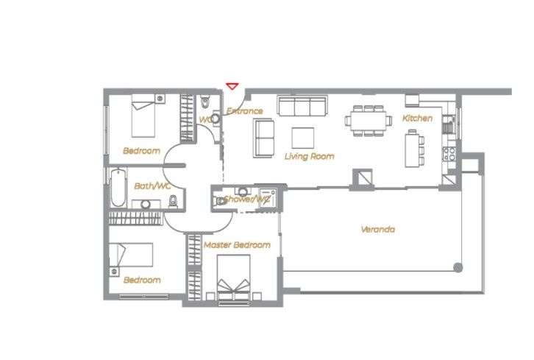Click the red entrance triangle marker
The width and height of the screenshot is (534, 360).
point(232,86)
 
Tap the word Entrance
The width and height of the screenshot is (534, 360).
point(244,111)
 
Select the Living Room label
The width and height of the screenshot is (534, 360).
point(309,156)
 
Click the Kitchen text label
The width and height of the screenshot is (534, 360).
point(417,118)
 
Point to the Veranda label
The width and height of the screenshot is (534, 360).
point(377,229)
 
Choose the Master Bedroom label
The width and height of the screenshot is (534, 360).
point(237,244)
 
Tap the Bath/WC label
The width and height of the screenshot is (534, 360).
point(152,186)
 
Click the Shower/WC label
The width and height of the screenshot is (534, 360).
point(248,200)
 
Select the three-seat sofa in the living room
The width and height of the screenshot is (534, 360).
point(302,106)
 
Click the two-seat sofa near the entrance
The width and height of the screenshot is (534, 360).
point(263,138)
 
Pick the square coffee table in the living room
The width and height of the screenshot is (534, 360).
point(302,138)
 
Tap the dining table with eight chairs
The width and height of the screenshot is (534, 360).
point(368,120)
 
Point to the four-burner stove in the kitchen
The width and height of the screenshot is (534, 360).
point(449,155)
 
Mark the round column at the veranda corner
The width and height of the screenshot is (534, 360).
point(458,267)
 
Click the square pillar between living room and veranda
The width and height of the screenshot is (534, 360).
point(362,177)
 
